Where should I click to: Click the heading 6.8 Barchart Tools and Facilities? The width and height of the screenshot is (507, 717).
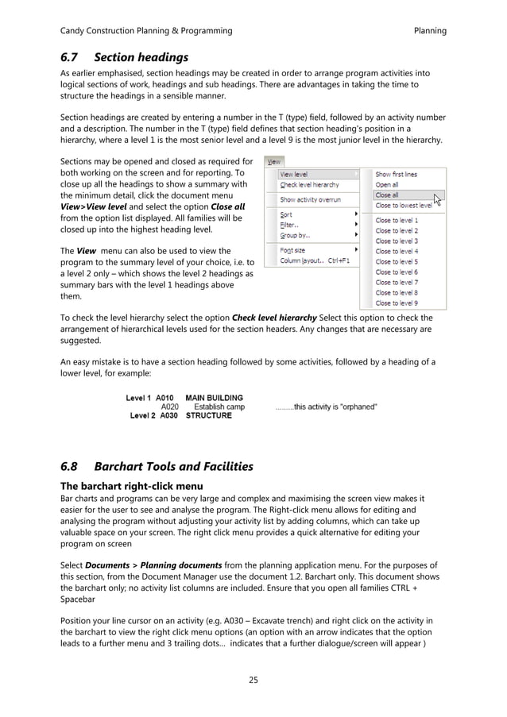click(157, 466)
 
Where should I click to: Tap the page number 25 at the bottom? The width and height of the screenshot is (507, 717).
click(253, 680)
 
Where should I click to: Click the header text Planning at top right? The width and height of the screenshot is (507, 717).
click(430, 31)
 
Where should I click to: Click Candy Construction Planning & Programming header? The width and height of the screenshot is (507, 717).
click(146, 31)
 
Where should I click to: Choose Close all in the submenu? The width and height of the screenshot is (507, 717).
click(387, 195)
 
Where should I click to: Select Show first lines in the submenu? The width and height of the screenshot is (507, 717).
click(396, 174)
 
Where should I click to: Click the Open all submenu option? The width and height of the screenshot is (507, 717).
click(387, 184)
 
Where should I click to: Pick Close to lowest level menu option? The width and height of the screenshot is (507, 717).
click(403, 205)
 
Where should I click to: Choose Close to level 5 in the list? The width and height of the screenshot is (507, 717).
click(397, 261)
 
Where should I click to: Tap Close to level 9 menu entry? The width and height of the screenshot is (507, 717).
click(397, 303)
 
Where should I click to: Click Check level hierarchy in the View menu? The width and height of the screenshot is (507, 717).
click(309, 185)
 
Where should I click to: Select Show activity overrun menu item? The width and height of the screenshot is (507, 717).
click(310, 200)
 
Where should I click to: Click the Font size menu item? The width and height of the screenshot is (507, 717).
click(293, 250)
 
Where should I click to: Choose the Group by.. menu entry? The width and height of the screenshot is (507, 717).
click(295, 235)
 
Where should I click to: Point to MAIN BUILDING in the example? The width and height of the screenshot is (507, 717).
click(214, 398)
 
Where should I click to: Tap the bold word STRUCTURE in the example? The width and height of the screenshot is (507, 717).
click(208, 415)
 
